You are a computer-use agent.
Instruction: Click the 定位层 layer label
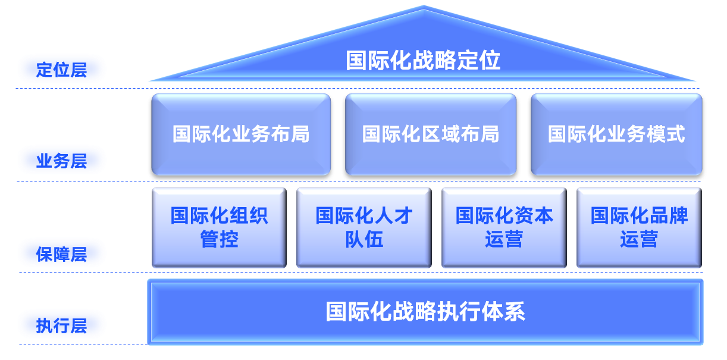point(62,69)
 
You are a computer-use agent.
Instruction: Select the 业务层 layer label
point(62,161)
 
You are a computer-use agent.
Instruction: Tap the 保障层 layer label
point(62,254)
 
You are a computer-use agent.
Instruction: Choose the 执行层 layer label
point(62,325)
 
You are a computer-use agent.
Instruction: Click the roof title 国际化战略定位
point(423,61)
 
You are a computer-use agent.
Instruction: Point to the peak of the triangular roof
point(423,8)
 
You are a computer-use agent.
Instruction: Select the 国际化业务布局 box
point(241,134)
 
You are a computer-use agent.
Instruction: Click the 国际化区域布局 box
point(430,134)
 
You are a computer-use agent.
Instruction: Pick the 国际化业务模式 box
point(616,134)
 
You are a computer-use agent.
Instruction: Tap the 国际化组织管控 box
point(219,227)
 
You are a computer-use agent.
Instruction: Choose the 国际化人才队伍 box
point(363,227)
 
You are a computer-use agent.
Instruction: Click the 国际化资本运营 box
point(504,227)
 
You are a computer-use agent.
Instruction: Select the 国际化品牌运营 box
point(639,227)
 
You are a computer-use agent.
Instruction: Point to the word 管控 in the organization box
point(219,240)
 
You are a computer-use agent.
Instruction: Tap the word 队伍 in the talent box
point(363,240)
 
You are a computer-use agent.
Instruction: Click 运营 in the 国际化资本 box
point(504,240)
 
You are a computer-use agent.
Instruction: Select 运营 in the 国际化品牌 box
point(639,240)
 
